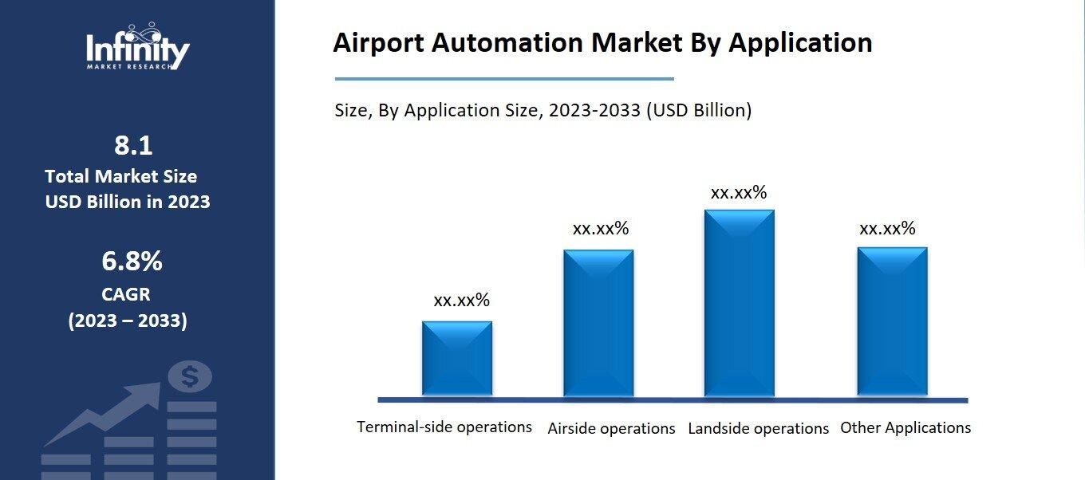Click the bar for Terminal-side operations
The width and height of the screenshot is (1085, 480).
click(x=456, y=359)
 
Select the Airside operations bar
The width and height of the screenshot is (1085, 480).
click(x=598, y=323)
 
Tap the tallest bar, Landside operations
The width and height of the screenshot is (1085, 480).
click(x=739, y=303)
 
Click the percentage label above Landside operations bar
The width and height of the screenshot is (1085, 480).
click(x=739, y=193)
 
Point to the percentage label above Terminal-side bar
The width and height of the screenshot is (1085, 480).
click(x=461, y=301)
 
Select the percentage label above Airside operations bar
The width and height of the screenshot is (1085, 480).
click(x=601, y=229)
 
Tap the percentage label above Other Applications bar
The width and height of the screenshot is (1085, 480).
click(x=887, y=229)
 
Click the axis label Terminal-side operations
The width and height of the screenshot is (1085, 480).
click(x=444, y=427)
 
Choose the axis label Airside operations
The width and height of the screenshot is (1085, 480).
click(x=611, y=428)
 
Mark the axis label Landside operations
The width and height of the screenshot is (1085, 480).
click(x=759, y=428)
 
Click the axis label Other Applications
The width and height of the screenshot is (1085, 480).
click(x=905, y=427)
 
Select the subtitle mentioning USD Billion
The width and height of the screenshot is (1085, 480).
click(x=542, y=110)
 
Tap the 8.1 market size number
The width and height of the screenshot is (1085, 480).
click(x=132, y=146)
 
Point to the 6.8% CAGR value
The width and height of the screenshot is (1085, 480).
click(x=132, y=261)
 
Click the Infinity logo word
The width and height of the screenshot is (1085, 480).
click(x=137, y=49)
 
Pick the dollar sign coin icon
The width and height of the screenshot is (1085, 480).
click(x=190, y=376)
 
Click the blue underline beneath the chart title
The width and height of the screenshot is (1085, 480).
click(x=504, y=79)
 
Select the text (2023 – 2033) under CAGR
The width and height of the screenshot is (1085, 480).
click(x=128, y=321)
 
